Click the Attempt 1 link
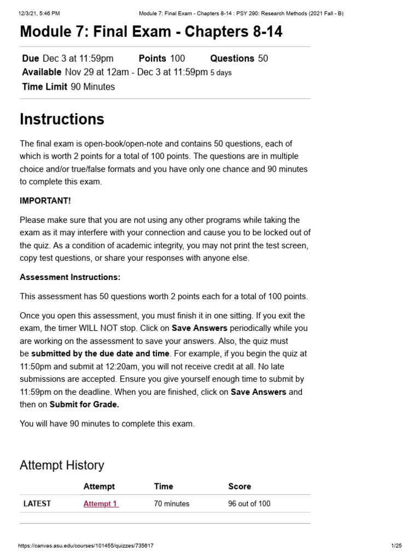tap(101, 504)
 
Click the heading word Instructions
tap(62, 119)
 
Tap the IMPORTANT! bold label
tap(45, 200)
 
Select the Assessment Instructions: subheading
tap(70, 277)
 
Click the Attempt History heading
tap(62, 465)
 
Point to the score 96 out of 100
tap(249, 504)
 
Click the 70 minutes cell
tap(172, 504)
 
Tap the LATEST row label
tap(37, 504)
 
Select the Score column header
tap(240, 486)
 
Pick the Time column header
tap(164, 486)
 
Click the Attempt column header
tap(99, 486)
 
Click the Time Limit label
tap(45, 86)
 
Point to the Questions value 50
tap(262, 59)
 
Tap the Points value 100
tap(177, 59)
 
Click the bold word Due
tap(31, 59)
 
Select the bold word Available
tap(42, 72)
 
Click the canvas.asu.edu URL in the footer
tap(86, 546)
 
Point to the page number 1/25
tap(396, 546)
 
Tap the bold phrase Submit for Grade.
tap(84, 405)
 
